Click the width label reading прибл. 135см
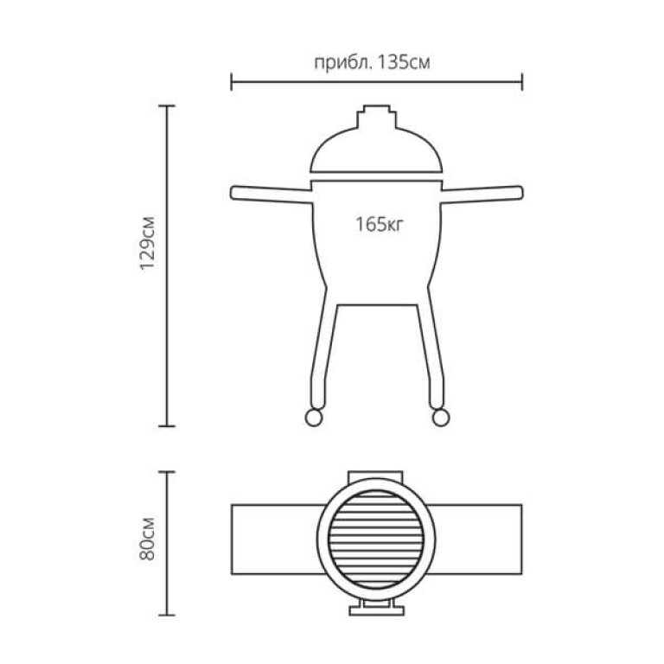click(x=373, y=62)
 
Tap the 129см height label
click(x=148, y=243)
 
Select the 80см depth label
click(x=148, y=539)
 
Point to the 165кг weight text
click(x=379, y=224)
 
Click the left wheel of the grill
click(x=314, y=417)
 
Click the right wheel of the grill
click(x=440, y=417)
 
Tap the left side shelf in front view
click(x=271, y=194)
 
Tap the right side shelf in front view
click(x=482, y=194)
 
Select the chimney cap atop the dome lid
click(x=376, y=117)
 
